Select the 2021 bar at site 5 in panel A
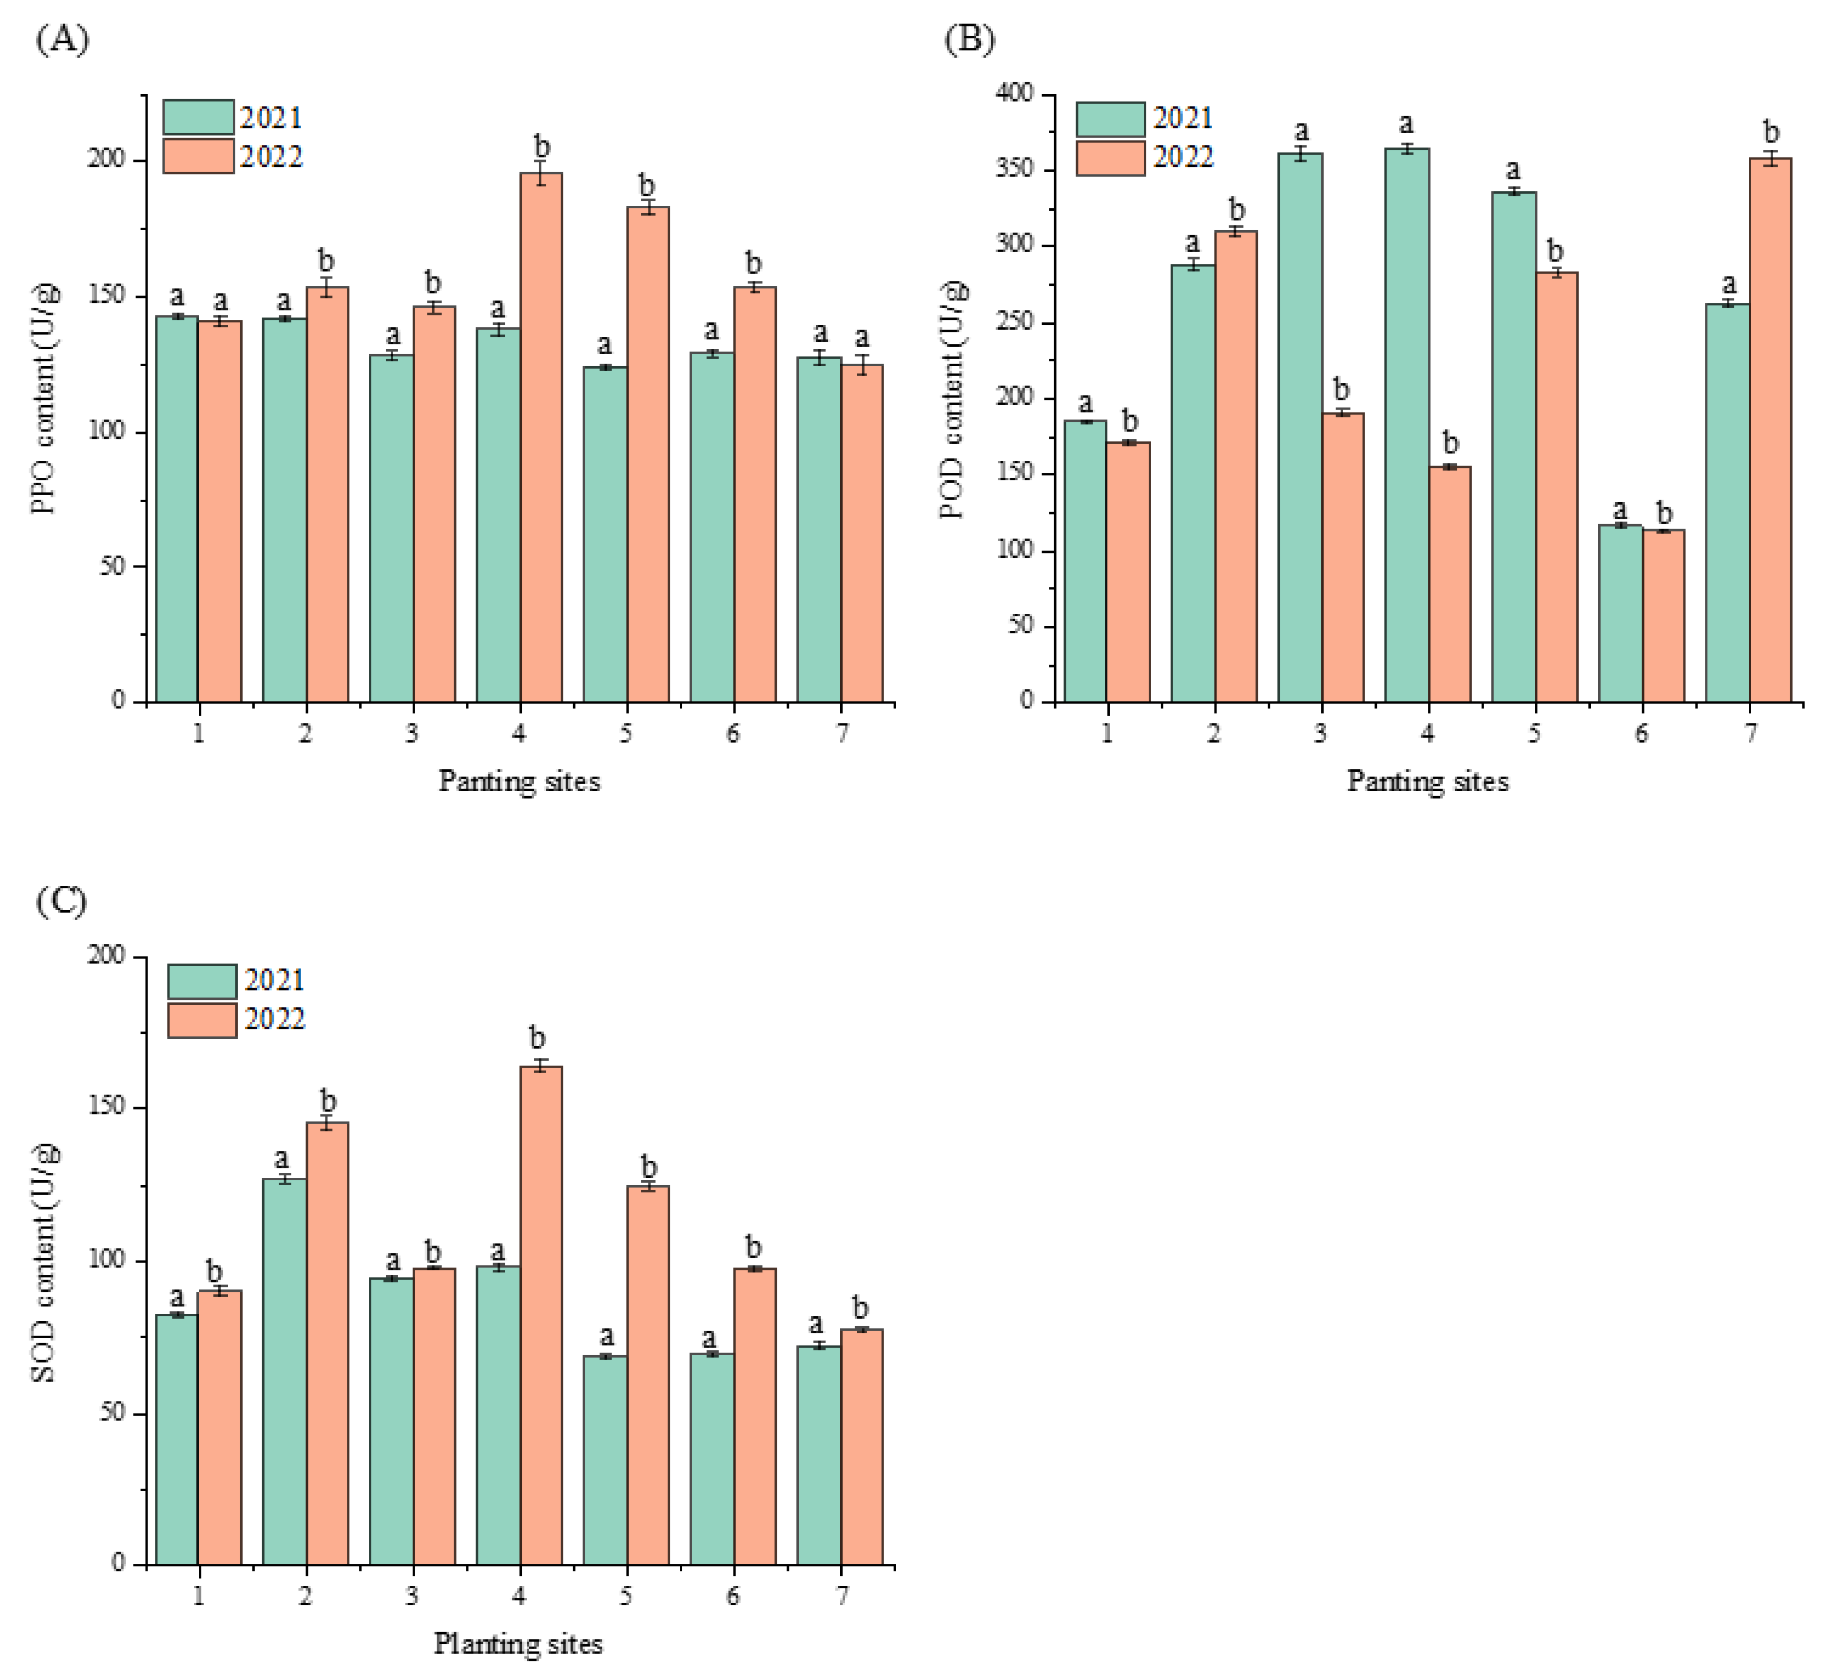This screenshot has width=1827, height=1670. pyautogui.click(x=605, y=535)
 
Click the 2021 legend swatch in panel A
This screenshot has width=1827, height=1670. pyautogui.click(x=198, y=118)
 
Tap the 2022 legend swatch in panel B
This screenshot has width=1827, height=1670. pyautogui.click(x=1110, y=157)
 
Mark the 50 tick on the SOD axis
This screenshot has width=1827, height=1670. pyautogui.click(x=112, y=1412)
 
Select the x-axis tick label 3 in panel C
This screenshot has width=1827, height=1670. pyautogui.click(x=412, y=1596)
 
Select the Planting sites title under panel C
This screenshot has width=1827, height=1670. pyautogui.click(x=518, y=1643)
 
